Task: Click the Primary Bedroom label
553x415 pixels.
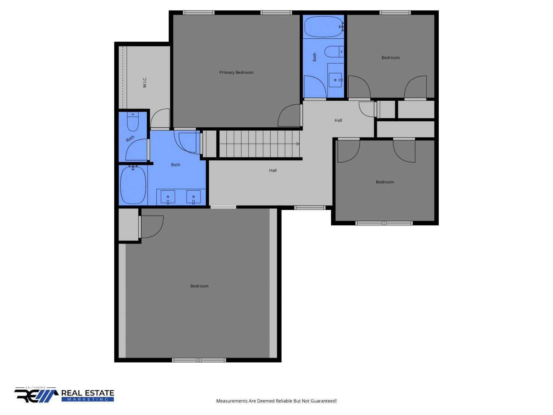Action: tap(236, 72)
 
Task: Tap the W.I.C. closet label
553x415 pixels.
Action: tap(145, 82)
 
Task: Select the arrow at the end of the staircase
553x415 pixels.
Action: tap(298, 144)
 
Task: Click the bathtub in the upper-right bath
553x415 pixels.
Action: tap(323, 27)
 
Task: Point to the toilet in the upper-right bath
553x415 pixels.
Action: tap(334, 52)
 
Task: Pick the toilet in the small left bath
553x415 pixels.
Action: tap(133, 122)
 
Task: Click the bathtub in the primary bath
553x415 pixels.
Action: tap(133, 185)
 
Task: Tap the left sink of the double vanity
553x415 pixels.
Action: tap(168, 197)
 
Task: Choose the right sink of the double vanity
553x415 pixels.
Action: tap(194, 197)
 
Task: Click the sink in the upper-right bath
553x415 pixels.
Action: tap(335, 80)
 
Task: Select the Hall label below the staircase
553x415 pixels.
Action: tap(272, 170)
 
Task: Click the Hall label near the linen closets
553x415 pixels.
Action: tap(338, 120)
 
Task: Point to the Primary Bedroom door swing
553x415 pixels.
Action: tap(289, 115)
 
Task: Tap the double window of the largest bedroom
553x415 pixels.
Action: tap(199, 360)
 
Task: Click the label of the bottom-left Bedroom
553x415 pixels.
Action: tap(199, 286)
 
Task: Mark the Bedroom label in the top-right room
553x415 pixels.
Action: tap(390, 58)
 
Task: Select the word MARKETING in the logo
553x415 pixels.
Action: tap(88, 399)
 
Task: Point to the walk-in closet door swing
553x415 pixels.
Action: tap(160, 118)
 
